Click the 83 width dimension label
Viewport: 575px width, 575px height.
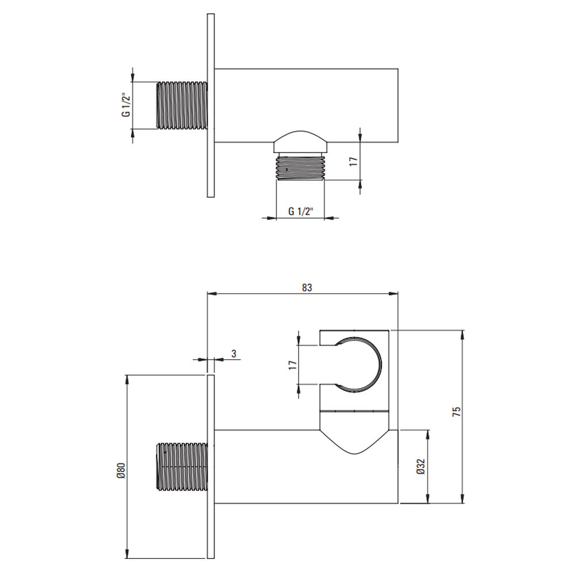(307, 287)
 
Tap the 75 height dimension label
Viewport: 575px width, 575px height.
(457, 412)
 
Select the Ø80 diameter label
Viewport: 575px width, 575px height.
(121, 471)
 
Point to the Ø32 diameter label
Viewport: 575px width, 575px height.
(421, 466)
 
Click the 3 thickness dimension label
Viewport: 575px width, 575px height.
(233, 354)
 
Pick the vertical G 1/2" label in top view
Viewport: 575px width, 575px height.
(126, 105)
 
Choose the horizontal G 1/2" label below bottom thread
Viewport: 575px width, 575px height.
(301, 212)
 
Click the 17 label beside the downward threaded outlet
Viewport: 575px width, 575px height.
(353, 162)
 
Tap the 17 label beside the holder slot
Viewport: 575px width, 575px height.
(292, 365)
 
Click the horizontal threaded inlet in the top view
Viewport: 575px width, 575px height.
(182, 105)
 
